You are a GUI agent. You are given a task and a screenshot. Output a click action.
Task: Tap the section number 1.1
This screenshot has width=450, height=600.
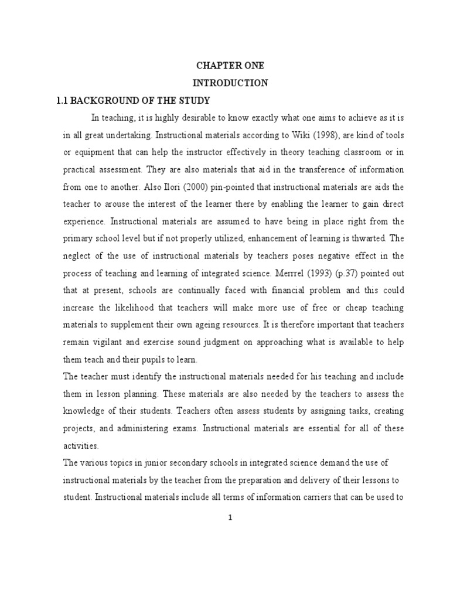point(63,100)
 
